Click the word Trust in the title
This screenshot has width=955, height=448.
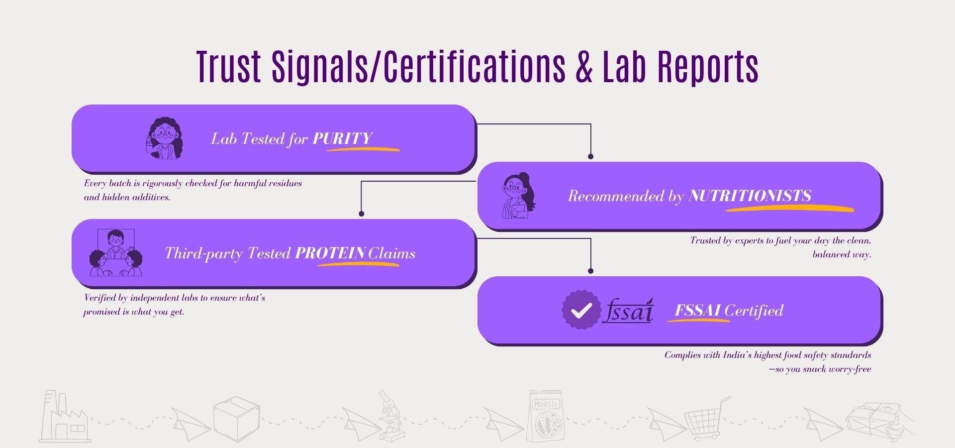(x=228, y=66)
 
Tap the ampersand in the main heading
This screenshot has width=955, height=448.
(x=584, y=67)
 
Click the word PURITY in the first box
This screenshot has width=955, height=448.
(x=342, y=138)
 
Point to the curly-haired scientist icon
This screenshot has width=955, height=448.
(x=164, y=138)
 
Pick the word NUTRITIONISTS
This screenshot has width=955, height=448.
(x=750, y=196)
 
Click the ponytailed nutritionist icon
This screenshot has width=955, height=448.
(x=518, y=196)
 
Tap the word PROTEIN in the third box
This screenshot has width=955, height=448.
(x=330, y=253)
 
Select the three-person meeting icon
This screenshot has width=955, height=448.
(x=115, y=253)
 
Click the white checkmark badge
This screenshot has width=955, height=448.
(x=580, y=310)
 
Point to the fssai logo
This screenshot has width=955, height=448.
(x=628, y=311)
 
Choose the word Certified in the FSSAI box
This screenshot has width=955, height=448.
(x=754, y=311)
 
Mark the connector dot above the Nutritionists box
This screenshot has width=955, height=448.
(x=590, y=156)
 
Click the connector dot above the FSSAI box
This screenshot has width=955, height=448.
(x=590, y=271)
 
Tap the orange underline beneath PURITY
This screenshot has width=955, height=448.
(x=363, y=148)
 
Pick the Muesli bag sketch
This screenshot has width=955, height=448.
(x=546, y=416)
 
